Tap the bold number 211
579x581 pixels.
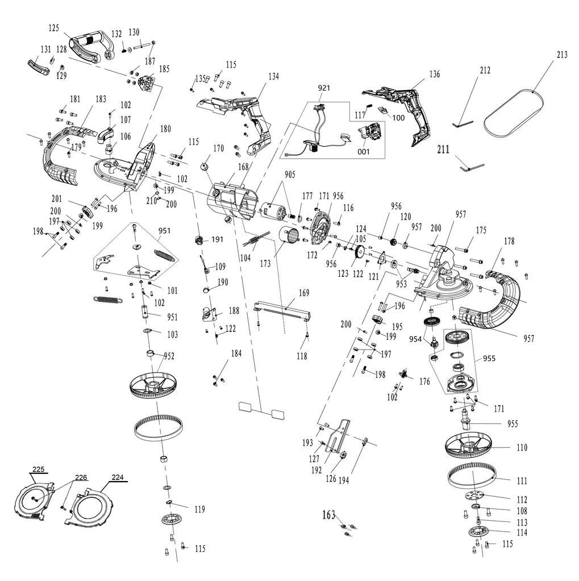click(x=444, y=150)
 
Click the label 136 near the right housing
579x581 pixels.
click(x=434, y=74)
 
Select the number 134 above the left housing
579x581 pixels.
click(x=274, y=76)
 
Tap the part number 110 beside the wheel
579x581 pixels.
click(x=522, y=448)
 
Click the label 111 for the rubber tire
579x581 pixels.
click(x=522, y=481)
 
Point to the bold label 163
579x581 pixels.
click(x=328, y=515)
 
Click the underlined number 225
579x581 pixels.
click(x=38, y=469)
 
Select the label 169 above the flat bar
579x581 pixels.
click(x=304, y=293)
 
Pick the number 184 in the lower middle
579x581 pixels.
click(x=235, y=353)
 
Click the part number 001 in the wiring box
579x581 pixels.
click(x=363, y=151)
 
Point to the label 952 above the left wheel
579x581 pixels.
click(x=169, y=356)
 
